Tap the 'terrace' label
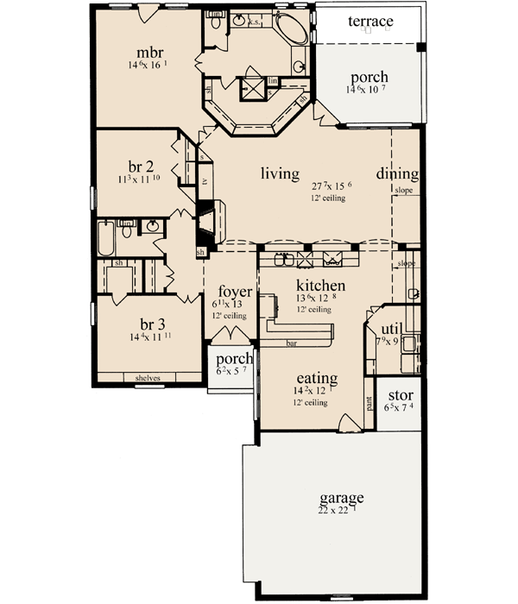(x=370, y=21)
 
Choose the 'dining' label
(x=397, y=173)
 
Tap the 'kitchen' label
(x=321, y=286)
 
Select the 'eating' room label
(x=315, y=379)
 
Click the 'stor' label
(x=399, y=395)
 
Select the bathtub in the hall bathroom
(x=105, y=239)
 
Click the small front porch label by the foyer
(x=234, y=359)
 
